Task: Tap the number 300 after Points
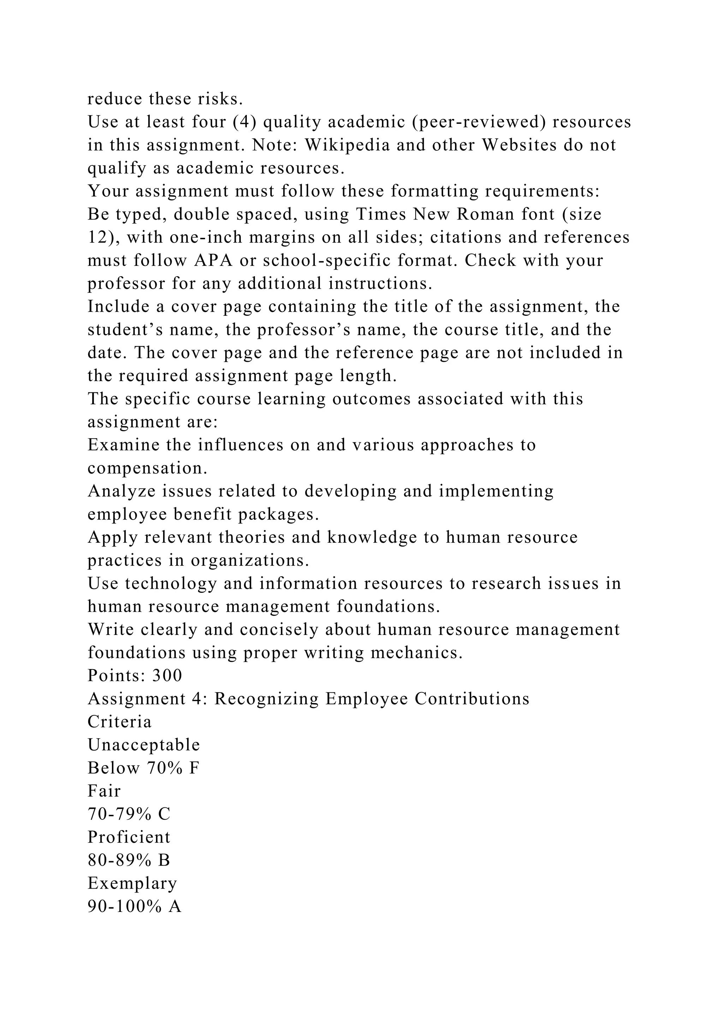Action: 167,676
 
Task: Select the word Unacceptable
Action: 144,745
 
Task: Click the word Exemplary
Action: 132,884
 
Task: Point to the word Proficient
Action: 129,837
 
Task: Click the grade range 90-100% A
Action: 135,907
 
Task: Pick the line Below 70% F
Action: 143,768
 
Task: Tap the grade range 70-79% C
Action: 129,814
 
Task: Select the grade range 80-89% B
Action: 129,860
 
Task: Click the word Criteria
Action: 119,722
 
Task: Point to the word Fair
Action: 104,791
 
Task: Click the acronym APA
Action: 213,260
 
